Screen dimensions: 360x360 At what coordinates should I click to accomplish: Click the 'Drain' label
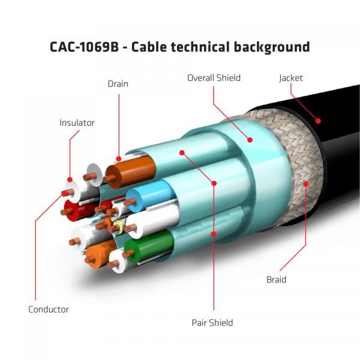118,83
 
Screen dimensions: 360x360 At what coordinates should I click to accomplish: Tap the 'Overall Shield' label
214,78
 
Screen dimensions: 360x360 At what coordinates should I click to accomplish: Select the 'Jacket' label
290,78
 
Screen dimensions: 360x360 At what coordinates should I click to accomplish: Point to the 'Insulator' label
77,123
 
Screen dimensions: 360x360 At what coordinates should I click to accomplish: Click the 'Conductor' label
49,310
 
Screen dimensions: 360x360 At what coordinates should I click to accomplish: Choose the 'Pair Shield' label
213,323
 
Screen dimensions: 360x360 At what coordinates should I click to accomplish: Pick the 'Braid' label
276,280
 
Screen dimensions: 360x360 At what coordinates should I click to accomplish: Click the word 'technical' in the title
197,47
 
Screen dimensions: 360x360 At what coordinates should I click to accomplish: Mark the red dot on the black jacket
319,121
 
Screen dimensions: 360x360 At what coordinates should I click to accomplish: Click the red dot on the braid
307,184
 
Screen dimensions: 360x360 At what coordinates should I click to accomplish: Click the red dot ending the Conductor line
64,193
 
